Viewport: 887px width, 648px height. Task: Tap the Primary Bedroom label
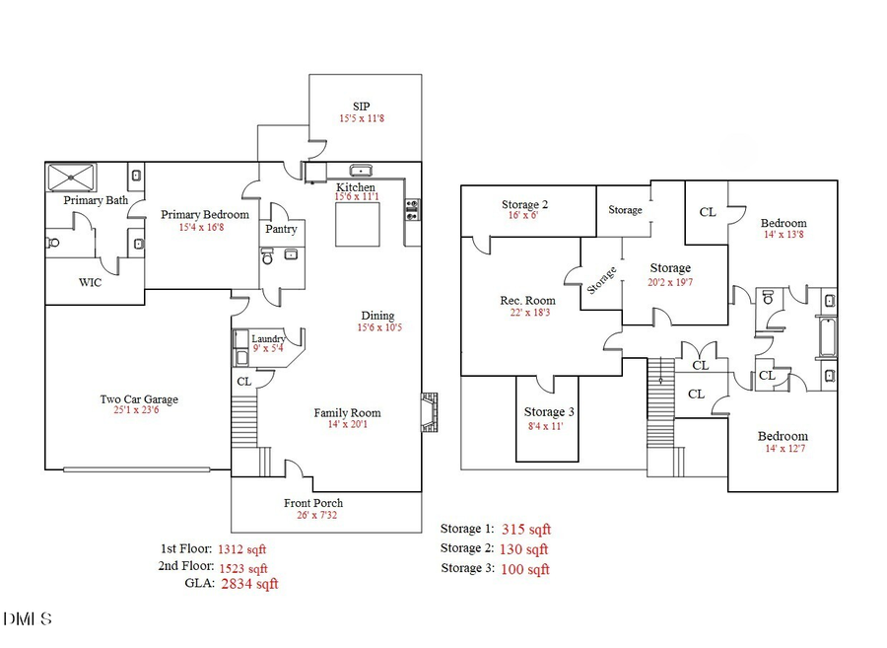point(205,214)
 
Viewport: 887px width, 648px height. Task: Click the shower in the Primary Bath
point(75,179)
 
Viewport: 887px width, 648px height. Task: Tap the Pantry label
point(281,229)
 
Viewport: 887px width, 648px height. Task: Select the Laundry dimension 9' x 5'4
point(267,348)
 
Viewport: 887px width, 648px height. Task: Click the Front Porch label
point(315,502)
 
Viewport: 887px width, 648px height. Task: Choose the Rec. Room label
point(527,301)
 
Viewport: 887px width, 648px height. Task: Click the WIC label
point(91,282)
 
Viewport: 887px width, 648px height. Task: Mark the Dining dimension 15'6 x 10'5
point(378,326)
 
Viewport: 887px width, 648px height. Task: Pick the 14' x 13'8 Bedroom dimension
point(783,235)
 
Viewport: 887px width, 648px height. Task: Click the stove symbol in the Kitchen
point(411,209)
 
